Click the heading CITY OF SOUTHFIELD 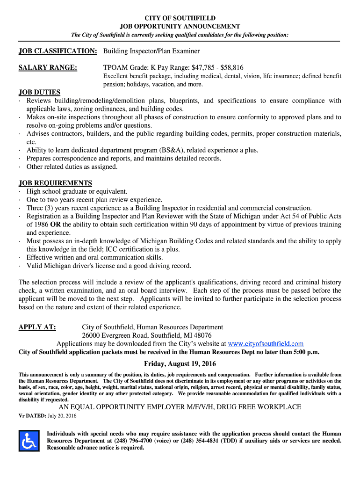click(180, 18)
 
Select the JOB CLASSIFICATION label click(58, 51)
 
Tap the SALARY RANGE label click(48, 68)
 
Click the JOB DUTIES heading click(39, 92)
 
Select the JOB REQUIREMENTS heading click(55, 183)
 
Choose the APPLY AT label click(37, 327)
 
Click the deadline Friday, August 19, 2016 click(180, 364)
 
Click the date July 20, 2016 click(62, 416)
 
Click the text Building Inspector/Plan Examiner click(151, 51)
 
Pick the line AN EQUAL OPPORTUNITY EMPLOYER click(180, 407)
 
